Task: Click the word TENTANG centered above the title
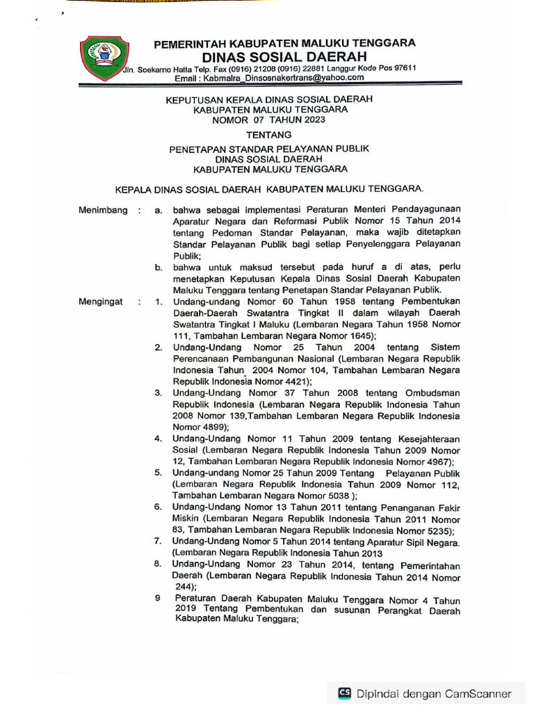(x=269, y=134)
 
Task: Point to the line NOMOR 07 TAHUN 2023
(x=269, y=120)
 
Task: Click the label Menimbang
(x=103, y=210)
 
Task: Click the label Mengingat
(x=101, y=302)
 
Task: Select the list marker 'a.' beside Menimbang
(x=159, y=210)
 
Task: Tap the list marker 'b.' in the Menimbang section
(x=159, y=267)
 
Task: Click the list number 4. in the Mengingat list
(x=159, y=439)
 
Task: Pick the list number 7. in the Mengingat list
(x=159, y=541)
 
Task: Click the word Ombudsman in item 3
(x=430, y=393)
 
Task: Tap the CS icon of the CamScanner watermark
(x=345, y=693)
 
